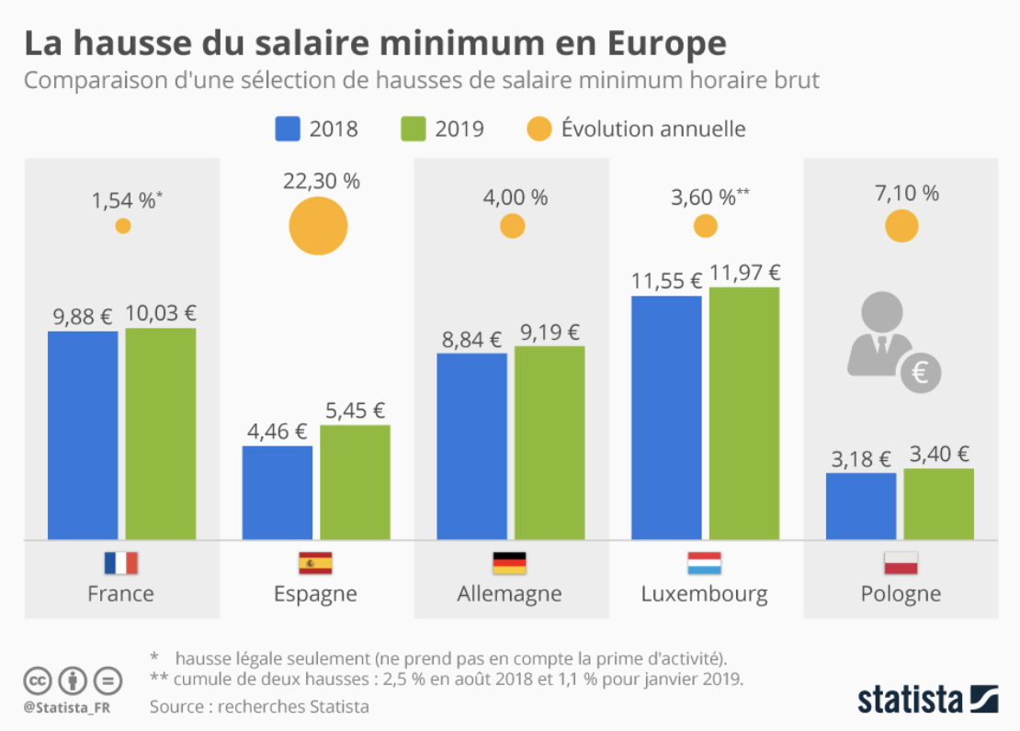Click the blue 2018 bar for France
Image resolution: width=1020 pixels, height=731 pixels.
click(83, 435)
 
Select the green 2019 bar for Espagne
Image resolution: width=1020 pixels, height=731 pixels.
click(355, 482)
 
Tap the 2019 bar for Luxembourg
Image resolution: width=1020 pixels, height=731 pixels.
click(744, 413)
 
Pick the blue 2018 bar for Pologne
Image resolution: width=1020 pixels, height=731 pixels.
click(861, 506)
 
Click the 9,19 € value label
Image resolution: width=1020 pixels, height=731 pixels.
click(549, 332)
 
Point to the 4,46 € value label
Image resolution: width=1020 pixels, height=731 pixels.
click(277, 432)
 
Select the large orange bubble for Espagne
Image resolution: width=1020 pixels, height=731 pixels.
click(318, 226)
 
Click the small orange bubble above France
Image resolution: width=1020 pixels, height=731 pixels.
click(122, 226)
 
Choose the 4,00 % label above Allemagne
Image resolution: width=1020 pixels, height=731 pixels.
click(512, 197)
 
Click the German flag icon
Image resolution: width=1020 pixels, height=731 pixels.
click(510, 563)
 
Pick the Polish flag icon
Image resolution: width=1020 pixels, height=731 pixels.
click(901, 563)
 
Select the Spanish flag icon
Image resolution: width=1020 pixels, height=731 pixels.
click(315, 563)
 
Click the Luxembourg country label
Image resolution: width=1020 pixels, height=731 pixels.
click(704, 593)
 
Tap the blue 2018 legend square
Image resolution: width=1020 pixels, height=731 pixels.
click(288, 128)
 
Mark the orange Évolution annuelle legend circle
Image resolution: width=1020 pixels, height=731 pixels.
click(539, 128)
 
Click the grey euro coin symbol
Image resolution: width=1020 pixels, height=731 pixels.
click(920, 372)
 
